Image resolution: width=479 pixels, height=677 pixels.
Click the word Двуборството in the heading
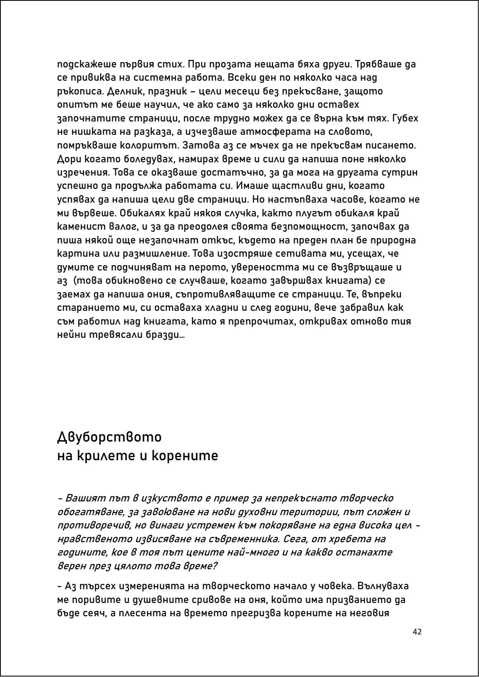pos(109,437)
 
